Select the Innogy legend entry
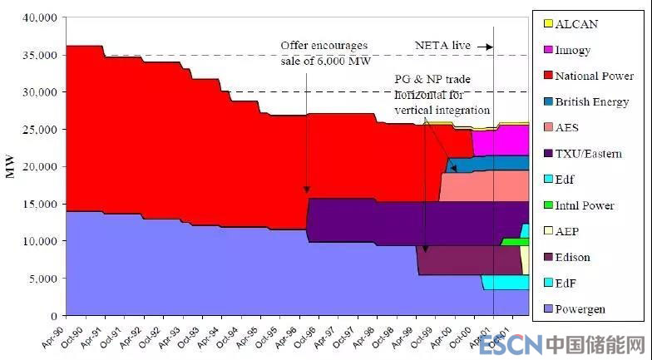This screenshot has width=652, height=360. (573, 50)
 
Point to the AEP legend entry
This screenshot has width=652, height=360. (568, 231)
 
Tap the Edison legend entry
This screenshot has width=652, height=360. (572, 257)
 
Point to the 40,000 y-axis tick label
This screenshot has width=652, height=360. (40, 17)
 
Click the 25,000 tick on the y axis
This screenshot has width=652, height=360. (40, 130)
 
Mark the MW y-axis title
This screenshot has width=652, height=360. (10, 166)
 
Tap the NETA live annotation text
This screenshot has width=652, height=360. (441, 46)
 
